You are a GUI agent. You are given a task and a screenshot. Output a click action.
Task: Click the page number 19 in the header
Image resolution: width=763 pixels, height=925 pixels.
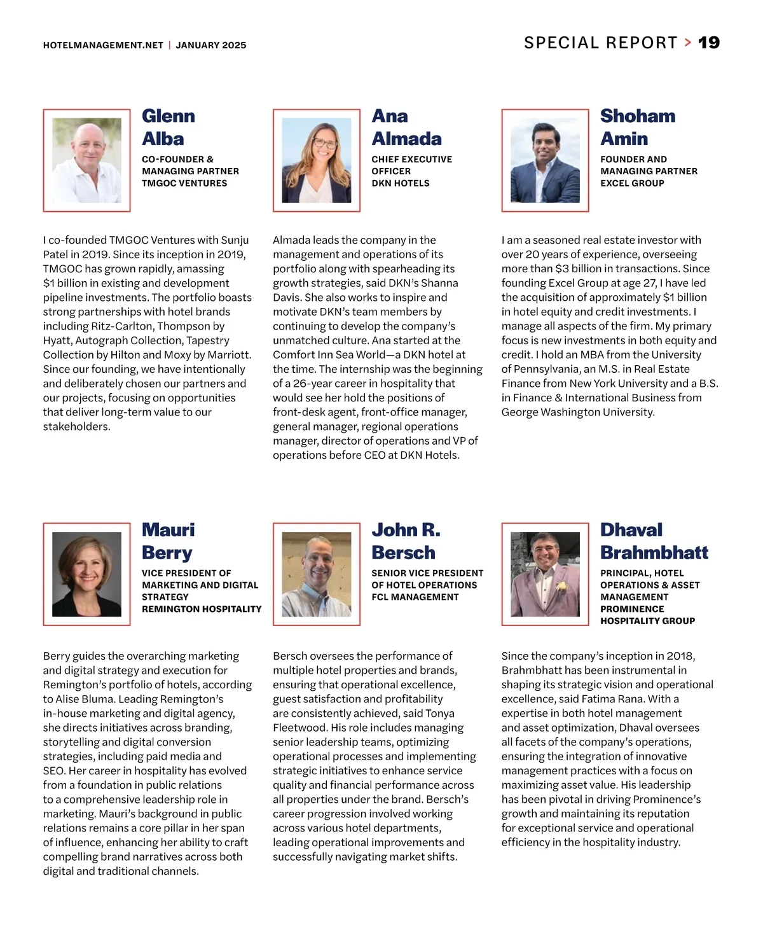point(708,43)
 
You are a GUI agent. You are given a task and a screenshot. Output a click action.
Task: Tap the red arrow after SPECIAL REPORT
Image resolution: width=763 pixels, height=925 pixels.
point(688,43)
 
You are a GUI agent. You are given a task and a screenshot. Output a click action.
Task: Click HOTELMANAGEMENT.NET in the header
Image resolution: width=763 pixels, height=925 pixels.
point(103,45)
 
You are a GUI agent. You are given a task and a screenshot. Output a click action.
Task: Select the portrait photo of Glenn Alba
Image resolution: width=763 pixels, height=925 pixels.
point(86,160)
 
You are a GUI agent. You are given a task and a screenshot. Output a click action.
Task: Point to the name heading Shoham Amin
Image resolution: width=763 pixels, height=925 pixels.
point(637,127)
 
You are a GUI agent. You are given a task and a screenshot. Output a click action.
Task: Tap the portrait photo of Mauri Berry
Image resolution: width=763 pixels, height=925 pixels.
point(86,574)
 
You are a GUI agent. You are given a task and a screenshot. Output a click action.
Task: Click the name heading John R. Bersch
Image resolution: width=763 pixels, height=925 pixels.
point(406,541)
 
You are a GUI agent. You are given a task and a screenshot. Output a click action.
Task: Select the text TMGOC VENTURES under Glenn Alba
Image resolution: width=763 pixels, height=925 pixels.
point(184,183)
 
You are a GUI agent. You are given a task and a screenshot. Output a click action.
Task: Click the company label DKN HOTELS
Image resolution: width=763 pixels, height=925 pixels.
point(401,183)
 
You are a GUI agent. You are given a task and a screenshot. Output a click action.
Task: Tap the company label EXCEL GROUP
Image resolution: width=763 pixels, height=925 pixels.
point(632,183)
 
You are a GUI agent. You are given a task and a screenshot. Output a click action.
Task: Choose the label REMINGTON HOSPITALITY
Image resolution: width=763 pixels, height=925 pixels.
point(202,609)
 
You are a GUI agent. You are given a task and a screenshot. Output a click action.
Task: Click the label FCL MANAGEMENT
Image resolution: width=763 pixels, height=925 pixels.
point(415,597)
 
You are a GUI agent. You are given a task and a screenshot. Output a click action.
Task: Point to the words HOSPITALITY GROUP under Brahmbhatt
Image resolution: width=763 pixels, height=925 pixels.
point(647,621)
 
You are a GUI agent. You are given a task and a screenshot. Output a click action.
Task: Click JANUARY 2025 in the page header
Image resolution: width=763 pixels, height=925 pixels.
point(210,45)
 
